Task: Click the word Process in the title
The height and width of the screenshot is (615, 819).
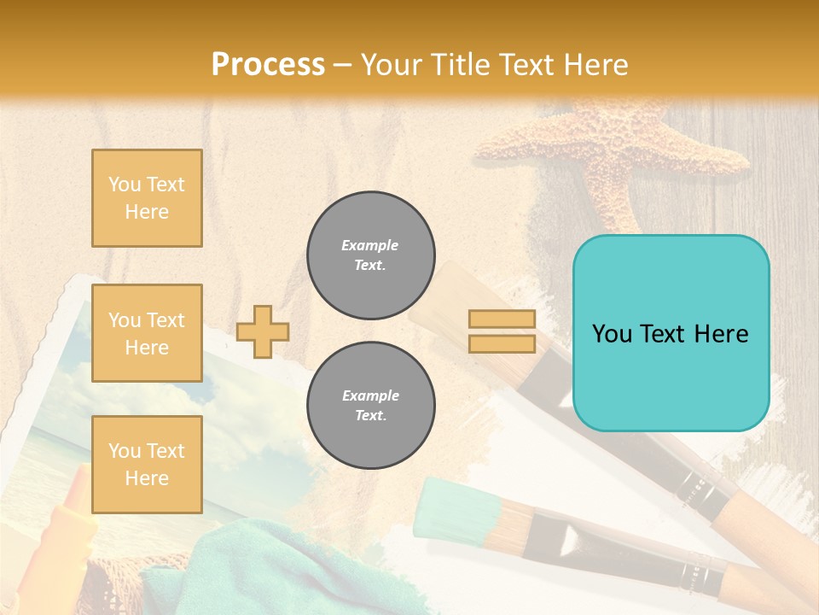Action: click(x=268, y=65)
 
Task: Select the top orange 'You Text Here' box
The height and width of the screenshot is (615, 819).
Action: click(x=147, y=198)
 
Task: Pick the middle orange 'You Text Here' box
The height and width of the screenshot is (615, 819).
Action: click(x=147, y=333)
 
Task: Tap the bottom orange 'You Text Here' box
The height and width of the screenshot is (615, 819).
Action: click(x=147, y=465)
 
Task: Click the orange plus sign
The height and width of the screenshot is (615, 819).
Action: click(x=263, y=331)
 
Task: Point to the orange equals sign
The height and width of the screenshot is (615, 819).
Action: click(x=502, y=331)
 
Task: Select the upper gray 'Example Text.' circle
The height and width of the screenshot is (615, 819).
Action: click(x=370, y=255)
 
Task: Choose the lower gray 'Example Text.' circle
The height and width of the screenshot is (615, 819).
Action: click(x=370, y=406)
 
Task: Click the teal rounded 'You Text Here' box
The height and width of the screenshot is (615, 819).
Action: click(x=671, y=333)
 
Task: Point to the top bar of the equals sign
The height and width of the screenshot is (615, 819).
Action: click(x=502, y=319)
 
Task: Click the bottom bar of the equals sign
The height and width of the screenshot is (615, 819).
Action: click(x=502, y=343)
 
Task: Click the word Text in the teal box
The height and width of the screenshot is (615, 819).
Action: click(x=671, y=334)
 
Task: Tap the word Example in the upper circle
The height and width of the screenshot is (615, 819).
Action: click(x=370, y=245)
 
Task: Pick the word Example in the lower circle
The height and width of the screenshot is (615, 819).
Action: click(x=370, y=395)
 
